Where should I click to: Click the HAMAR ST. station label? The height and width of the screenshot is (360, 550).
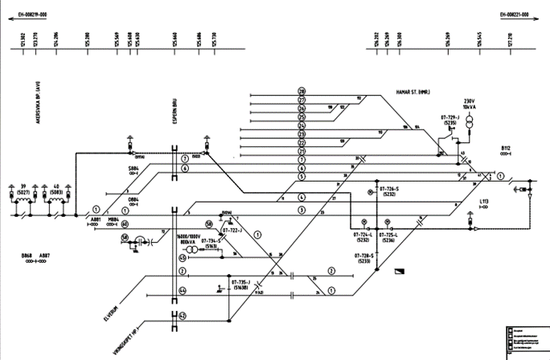pyautogui.click(x=417, y=92)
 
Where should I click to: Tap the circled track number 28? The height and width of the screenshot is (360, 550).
pyautogui.click(x=302, y=91)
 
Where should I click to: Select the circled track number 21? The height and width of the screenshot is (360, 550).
pyautogui.click(x=302, y=151)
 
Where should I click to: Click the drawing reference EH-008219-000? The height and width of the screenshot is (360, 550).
pyautogui.click(x=32, y=14)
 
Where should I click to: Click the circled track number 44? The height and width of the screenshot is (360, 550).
pyautogui.click(x=183, y=290)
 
